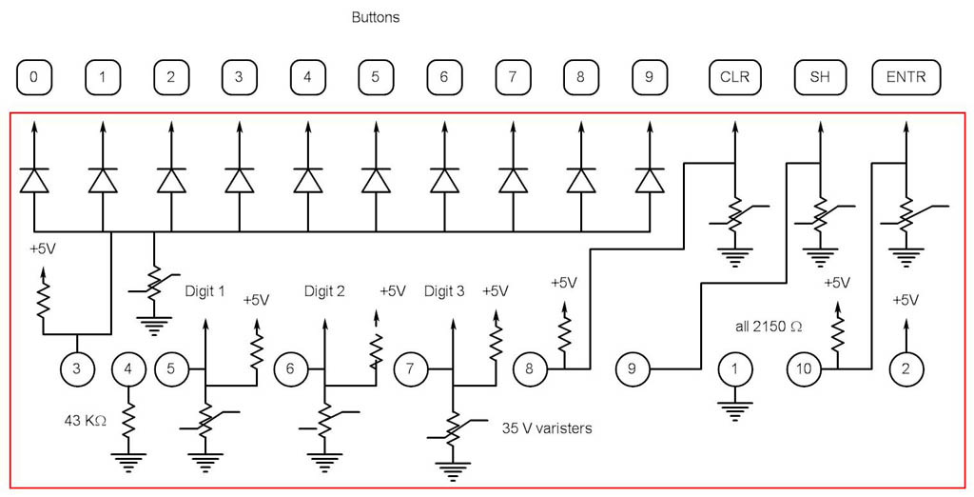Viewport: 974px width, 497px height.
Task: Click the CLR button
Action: pyautogui.click(x=734, y=78)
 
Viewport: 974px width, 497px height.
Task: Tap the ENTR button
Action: pyautogui.click(x=906, y=78)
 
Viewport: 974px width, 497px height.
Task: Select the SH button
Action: pyautogui.click(x=819, y=78)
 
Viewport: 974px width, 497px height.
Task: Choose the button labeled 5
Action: pyautogui.click(x=376, y=78)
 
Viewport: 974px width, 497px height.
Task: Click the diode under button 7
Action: pyautogui.click(x=513, y=179)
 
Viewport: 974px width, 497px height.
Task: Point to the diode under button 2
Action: pyautogui.click(x=170, y=179)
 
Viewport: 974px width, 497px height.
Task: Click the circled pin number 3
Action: pyautogui.click(x=77, y=368)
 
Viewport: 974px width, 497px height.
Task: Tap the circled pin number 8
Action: pyautogui.click(x=530, y=368)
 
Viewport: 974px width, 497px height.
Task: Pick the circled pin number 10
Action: pyautogui.click(x=805, y=368)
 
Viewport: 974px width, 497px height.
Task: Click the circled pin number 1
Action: pyautogui.click(x=734, y=368)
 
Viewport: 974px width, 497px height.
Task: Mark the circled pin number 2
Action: pyautogui.click(x=906, y=368)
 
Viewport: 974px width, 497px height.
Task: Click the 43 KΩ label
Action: pyautogui.click(x=85, y=418)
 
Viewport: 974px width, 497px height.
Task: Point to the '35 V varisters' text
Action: pyautogui.click(x=547, y=428)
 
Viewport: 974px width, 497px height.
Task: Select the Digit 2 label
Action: pyautogui.click(x=324, y=291)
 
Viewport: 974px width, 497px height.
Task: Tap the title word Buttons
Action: pyautogui.click(x=376, y=17)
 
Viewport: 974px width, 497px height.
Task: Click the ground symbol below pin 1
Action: pyautogui.click(x=734, y=411)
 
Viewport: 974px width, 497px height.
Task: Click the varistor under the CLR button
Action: pyautogui.click(x=734, y=215)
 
